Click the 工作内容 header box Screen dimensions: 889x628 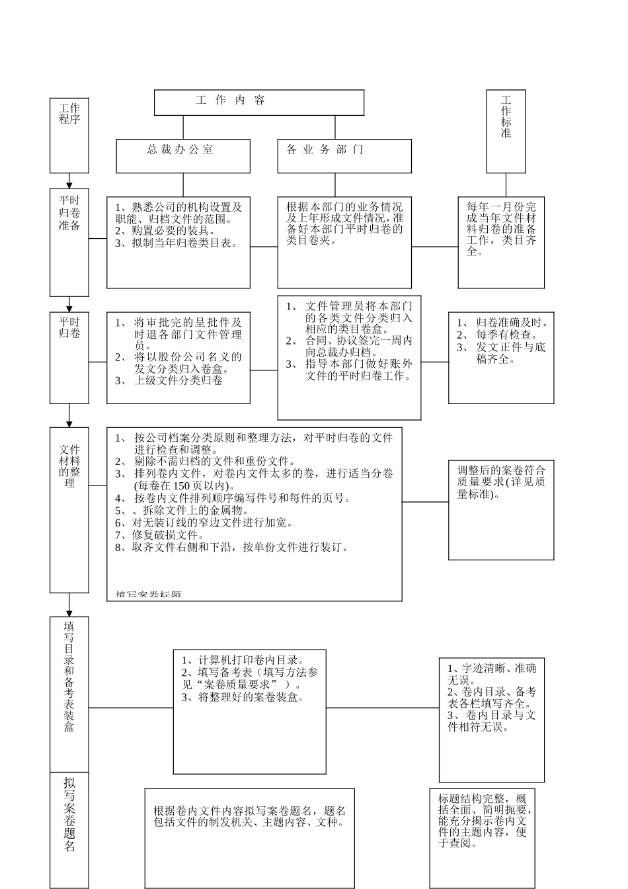[258, 103]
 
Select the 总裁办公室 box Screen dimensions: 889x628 [183, 156]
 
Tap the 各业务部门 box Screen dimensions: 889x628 [344, 156]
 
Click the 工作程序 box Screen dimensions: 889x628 [69, 136]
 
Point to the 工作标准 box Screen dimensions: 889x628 [506, 131]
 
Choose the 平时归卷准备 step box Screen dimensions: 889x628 [69, 242]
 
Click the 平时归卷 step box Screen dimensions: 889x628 [69, 358]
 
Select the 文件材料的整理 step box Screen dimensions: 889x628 [69, 509]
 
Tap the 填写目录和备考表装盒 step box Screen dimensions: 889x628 [69, 695]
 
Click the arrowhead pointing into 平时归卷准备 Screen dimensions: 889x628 [69, 185]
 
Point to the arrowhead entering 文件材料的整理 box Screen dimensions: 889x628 [69, 423]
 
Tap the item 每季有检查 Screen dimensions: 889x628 [506, 335]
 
